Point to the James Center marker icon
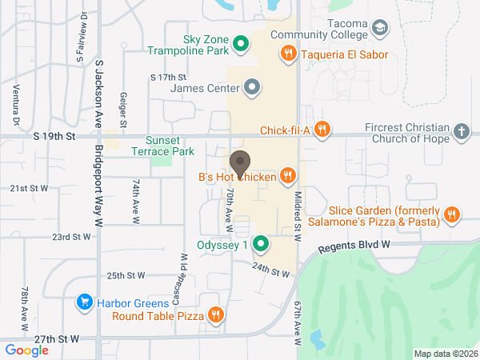[x=253, y=86]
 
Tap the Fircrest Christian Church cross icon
[x=461, y=131]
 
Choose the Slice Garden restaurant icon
[x=452, y=214]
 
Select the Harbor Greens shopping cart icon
[x=84, y=302]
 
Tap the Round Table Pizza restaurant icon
[x=214, y=315]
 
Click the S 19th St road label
[x=54, y=137]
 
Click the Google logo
[x=27, y=350]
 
